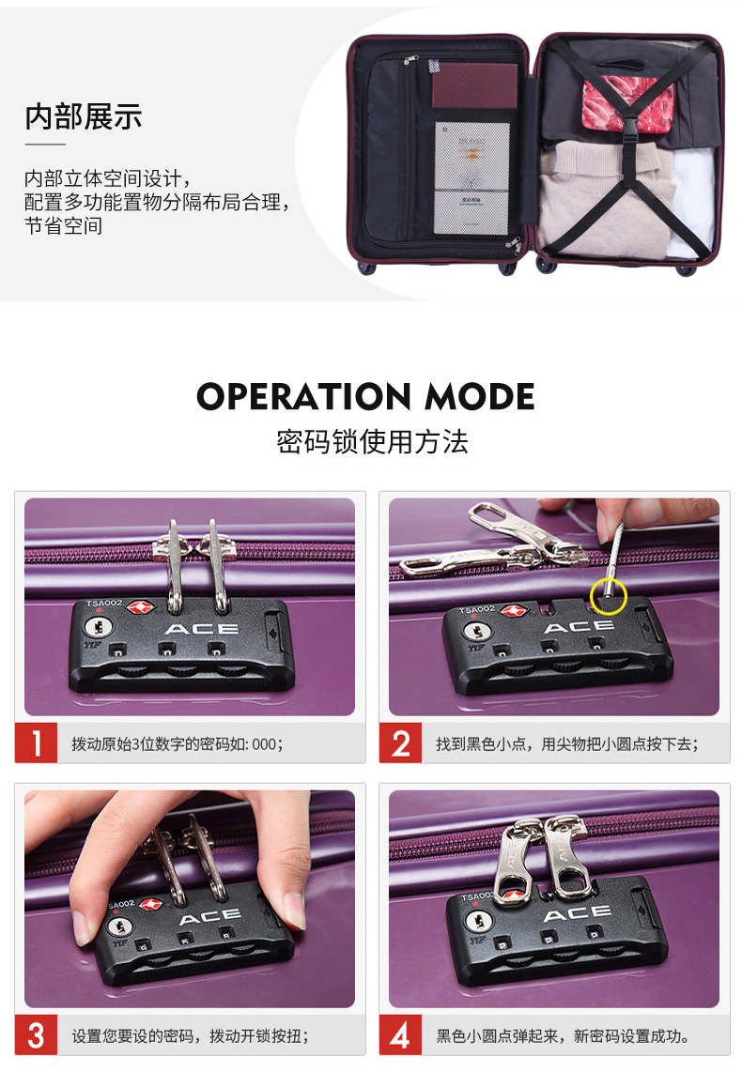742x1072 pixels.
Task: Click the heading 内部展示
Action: [84, 117]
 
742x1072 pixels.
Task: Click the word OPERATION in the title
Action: [303, 396]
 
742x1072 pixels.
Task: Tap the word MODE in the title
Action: [479, 396]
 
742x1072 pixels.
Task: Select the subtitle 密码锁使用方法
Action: [372, 441]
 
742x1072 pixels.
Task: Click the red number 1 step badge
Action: [37, 743]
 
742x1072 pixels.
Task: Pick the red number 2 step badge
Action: [401, 743]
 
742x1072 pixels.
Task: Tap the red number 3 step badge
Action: [37, 1035]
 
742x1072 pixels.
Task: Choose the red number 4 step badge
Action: [401, 1035]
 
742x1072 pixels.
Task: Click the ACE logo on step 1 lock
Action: [202, 628]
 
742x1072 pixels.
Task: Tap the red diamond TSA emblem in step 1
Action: [140, 607]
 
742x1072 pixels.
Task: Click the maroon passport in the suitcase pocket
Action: [474, 85]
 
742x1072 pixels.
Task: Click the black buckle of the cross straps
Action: [630, 128]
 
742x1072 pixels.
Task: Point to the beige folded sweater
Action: [602, 197]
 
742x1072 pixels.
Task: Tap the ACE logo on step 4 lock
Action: [578, 913]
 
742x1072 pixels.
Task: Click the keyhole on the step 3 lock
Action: [121, 927]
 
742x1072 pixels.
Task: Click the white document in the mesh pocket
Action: [471, 178]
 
